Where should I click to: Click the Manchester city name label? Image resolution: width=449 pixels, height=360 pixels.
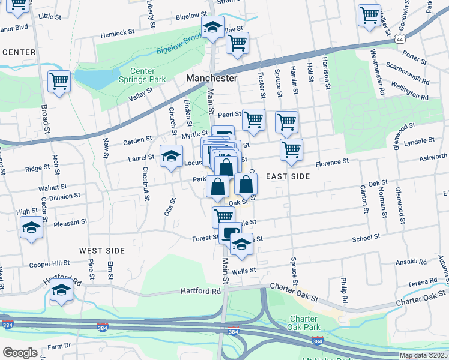pyautogui.click(x=211, y=79)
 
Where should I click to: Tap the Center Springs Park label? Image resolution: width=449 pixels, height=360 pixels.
pyautogui.click(x=142, y=75)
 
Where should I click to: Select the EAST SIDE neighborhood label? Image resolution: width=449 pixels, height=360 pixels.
pyautogui.click(x=288, y=176)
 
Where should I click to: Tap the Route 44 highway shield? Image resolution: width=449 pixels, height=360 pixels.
pyautogui.click(x=400, y=39)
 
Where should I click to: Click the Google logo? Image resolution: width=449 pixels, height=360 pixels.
pyautogui.click(x=20, y=352)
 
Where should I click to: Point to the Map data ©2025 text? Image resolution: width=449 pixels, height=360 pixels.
pyautogui.click(x=423, y=355)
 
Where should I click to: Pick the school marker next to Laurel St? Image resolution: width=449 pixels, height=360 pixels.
pyautogui.click(x=171, y=157)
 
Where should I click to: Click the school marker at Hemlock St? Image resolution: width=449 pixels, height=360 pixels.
pyautogui.click(x=212, y=28)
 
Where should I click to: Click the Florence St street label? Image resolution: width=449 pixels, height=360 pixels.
pyautogui.click(x=332, y=163)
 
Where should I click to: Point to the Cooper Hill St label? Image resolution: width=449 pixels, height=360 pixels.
pyautogui.click(x=50, y=263)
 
